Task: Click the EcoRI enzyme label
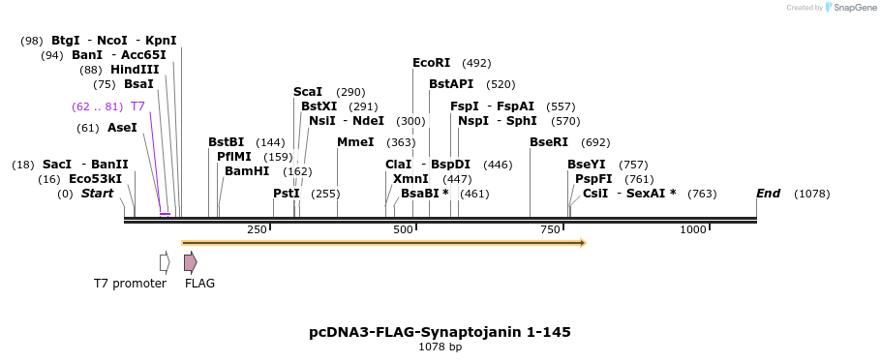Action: point(431,63)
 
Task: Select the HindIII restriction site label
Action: point(134,70)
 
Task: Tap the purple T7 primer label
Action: point(137,106)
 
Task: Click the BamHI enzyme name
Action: point(247,171)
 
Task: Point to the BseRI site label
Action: point(549,142)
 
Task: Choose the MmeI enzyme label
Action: point(355,142)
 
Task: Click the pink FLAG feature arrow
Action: point(191,261)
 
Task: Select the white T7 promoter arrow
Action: point(165,262)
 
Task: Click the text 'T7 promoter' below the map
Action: point(130,284)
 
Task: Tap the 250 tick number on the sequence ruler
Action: point(257,229)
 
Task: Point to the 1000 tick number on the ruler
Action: point(693,229)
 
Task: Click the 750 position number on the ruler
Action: point(550,229)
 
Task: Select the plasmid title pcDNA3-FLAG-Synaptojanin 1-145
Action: point(440,332)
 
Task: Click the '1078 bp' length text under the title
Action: point(440,347)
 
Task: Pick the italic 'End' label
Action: point(769,194)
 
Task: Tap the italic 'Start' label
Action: point(97,194)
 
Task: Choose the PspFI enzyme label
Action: point(593,179)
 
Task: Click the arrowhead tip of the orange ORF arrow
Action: point(584,243)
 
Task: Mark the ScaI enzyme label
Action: point(308,92)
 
